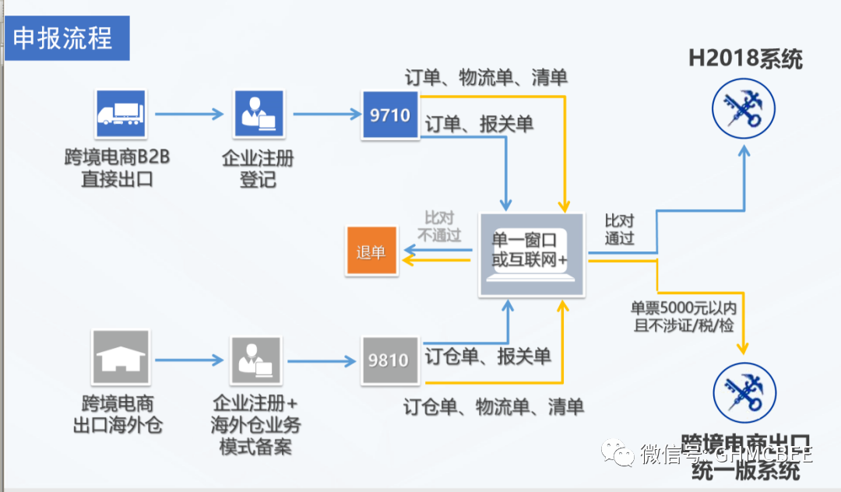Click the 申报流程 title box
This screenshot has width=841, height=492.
click(66, 39)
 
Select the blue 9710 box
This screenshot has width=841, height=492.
click(390, 115)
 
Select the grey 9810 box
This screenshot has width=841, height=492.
click(389, 360)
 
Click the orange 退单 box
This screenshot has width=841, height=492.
click(371, 251)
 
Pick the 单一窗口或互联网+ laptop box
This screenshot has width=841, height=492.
click(531, 255)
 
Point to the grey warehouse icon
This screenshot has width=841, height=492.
click(121, 359)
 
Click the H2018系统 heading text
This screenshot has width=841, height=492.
click(745, 58)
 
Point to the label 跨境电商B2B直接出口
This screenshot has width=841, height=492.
click(118, 168)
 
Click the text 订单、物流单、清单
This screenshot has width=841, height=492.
click(486, 78)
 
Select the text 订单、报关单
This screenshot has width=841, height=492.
click(479, 125)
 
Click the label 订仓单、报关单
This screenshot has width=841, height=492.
click(488, 357)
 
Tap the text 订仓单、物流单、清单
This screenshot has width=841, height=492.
click(494, 406)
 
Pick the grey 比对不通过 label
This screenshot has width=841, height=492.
click(439, 227)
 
